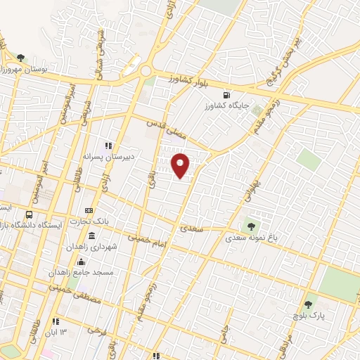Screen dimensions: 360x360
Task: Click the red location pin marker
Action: [181, 166]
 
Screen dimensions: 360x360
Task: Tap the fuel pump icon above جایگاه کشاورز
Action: [225, 96]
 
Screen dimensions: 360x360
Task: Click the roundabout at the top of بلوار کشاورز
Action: [146, 71]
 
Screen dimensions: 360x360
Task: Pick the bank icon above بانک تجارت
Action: [89, 210]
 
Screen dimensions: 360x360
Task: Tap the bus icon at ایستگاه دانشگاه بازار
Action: [29, 215]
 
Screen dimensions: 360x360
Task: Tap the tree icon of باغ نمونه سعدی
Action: [251, 226]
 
